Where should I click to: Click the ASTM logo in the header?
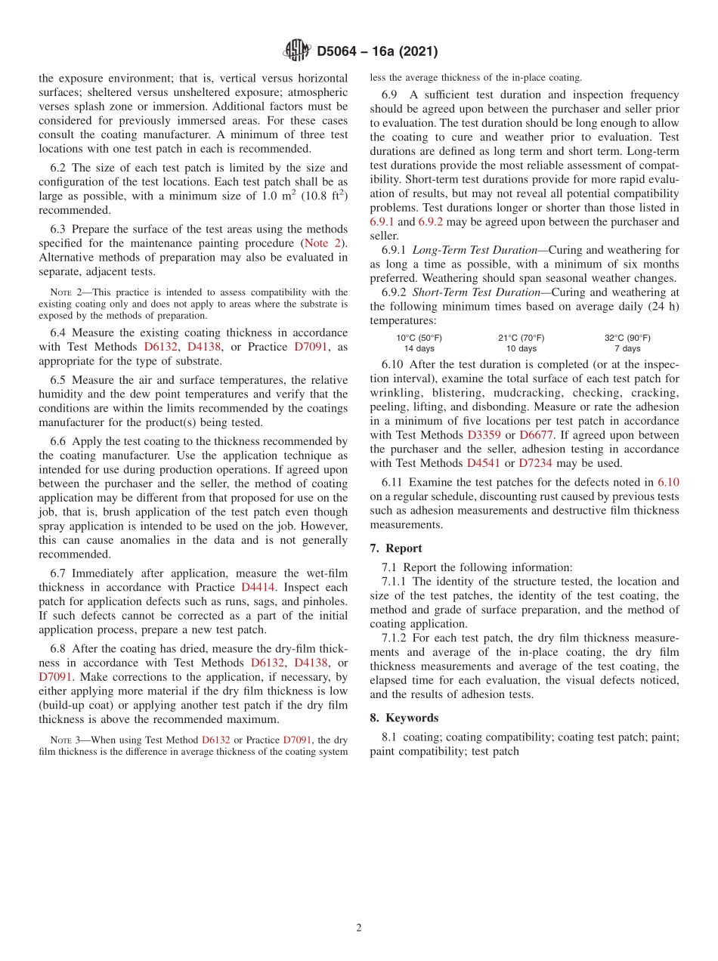pos(296,51)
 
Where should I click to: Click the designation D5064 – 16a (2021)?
pos(377,51)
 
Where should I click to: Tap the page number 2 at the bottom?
pos(359,928)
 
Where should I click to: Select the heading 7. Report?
pos(396,548)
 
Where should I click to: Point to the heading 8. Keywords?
pos(404,718)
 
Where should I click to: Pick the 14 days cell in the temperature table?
pos(419,348)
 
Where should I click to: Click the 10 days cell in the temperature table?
pos(521,348)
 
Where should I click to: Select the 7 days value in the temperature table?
pos(627,348)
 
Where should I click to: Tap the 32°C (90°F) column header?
pos(627,338)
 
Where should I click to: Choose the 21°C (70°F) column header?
pos(521,338)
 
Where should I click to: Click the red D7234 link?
pos(536,463)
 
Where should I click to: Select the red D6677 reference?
pos(537,435)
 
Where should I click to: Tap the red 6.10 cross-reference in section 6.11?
pos(668,482)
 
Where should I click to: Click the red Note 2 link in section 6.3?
pos(322,243)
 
